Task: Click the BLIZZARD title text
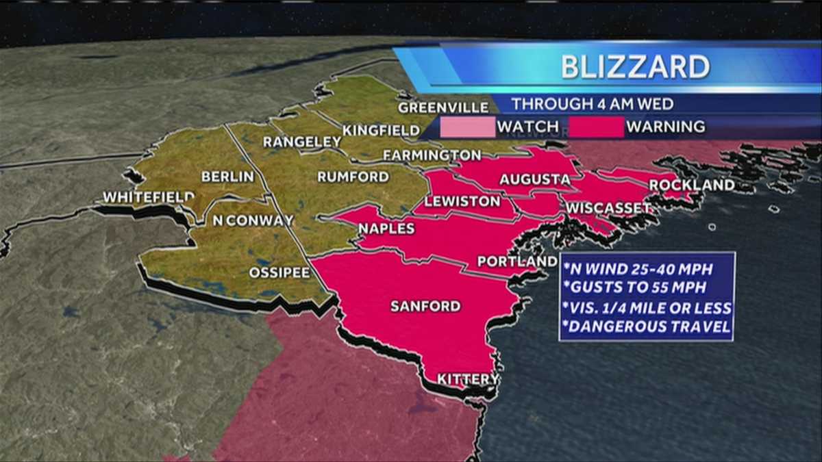click(x=635, y=67)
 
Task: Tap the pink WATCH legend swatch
click(x=467, y=127)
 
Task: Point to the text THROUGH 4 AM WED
click(x=593, y=105)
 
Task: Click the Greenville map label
click(x=443, y=107)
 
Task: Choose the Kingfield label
click(x=381, y=130)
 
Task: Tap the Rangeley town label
click(x=302, y=142)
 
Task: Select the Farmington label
click(x=432, y=155)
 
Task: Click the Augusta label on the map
click(x=534, y=179)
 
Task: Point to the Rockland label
click(x=692, y=185)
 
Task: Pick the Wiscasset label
click(x=608, y=207)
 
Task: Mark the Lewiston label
click(x=462, y=202)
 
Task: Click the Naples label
click(x=386, y=229)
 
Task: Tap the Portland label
click(x=517, y=261)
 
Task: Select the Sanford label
click(x=425, y=306)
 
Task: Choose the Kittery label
click(x=468, y=379)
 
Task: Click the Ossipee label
click(x=279, y=272)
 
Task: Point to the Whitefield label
click(x=149, y=197)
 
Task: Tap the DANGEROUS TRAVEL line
click(x=646, y=328)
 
